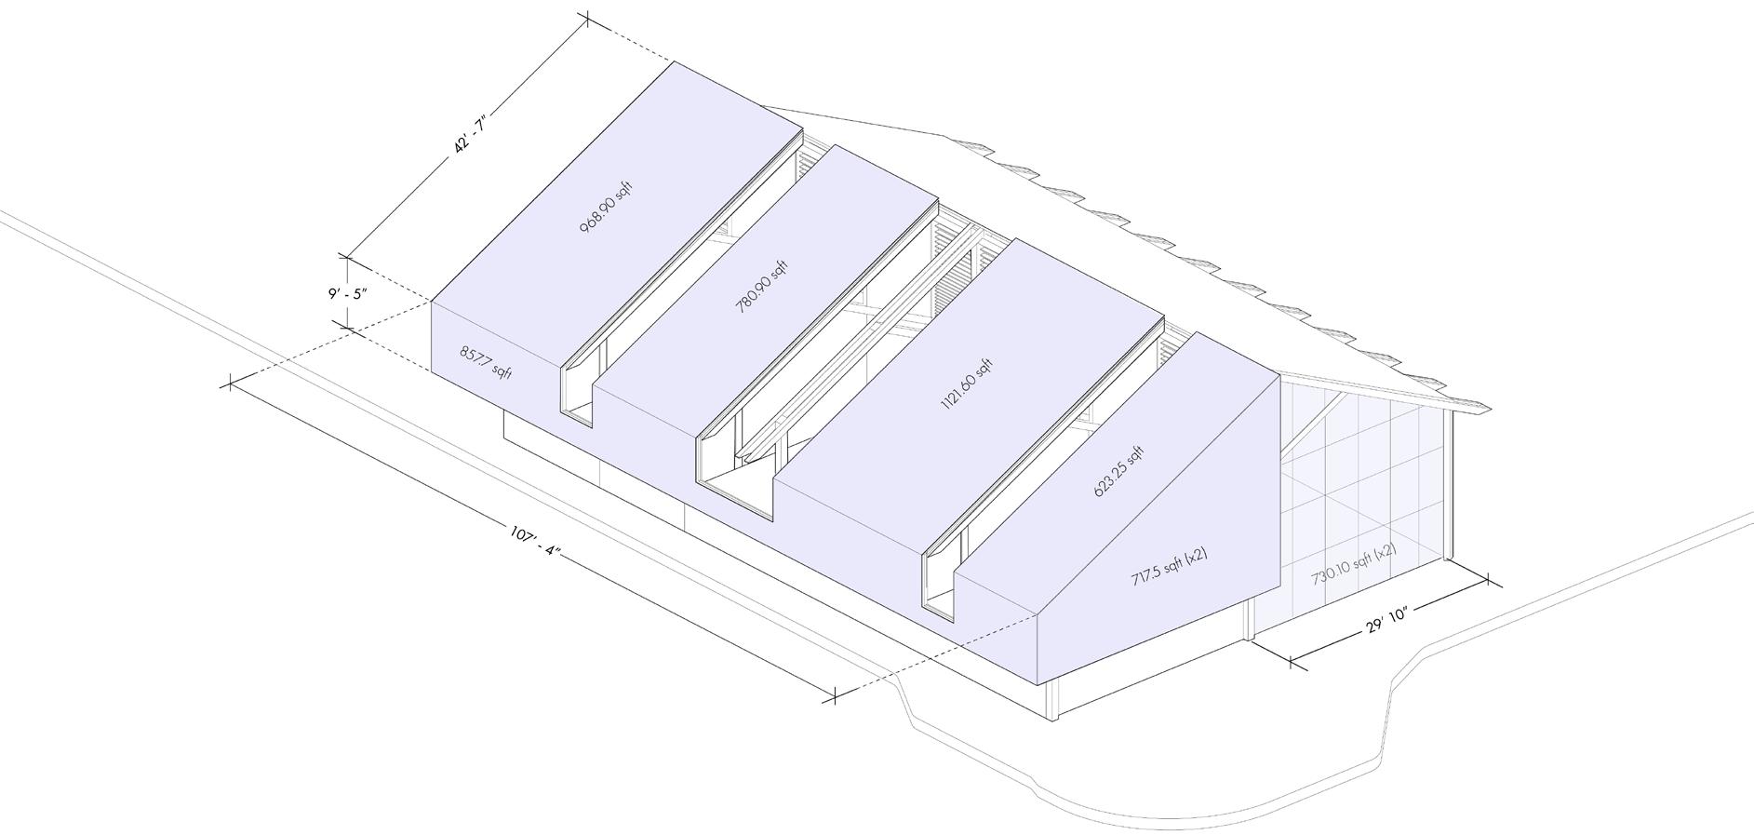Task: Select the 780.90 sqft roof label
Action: click(762, 287)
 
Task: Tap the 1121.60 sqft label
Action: click(967, 384)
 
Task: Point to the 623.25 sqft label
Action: click(1118, 474)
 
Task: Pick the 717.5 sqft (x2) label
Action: click(1170, 565)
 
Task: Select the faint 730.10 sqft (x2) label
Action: click(1354, 563)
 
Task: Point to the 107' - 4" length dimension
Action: click(535, 541)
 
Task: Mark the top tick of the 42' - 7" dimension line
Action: click(587, 18)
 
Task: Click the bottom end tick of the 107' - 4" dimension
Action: click(835, 694)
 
